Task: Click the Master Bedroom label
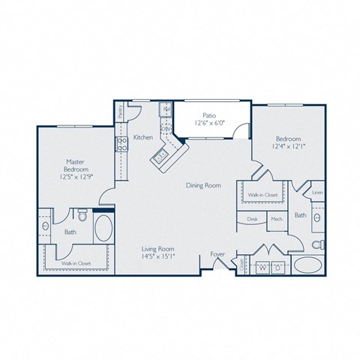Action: tap(73, 166)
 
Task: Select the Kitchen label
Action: tap(143, 138)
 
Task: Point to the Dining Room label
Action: tap(203, 185)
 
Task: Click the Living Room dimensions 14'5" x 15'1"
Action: tap(158, 256)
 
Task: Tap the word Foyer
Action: tap(217, 253)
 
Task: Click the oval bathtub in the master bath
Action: tap(103, 228)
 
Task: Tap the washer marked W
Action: tap(262, 266)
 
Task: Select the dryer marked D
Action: tap(277, 266)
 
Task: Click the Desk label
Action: tap(252, 220)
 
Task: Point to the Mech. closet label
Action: tap(275, 220)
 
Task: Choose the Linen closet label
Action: tap(316, 193)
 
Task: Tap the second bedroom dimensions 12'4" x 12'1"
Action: tap(288, 146)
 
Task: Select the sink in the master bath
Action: tap(46, 226)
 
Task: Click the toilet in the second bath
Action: tap(317, 244)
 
